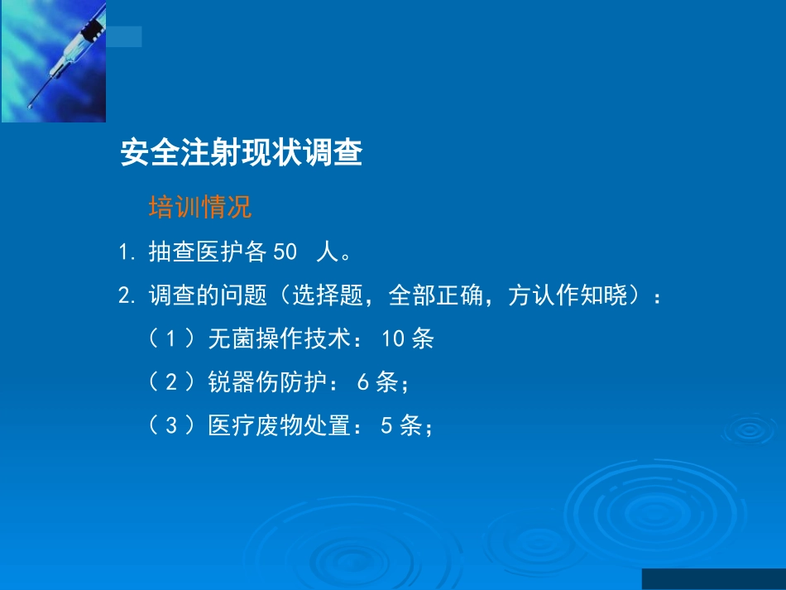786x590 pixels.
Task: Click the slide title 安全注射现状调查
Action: tap(241, 153)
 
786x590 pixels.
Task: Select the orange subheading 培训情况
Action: tap(199, 207)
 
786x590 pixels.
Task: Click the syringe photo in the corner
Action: tap(53, 61)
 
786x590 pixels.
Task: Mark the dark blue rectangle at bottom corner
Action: tap(713, 578)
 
